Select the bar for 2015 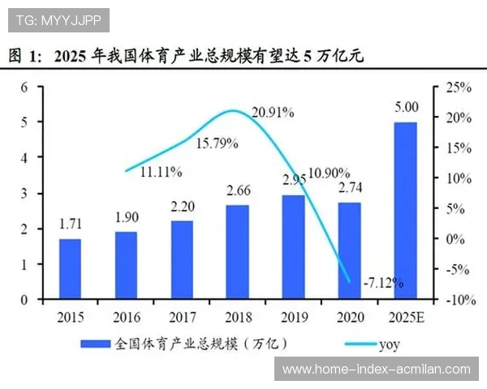(x=70, y=269)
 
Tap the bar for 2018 (x=238, y=252)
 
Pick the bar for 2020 (x=349, y=250)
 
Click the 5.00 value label (x=406, y=107)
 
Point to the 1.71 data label (x=70, y=223)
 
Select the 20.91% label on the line (x=272, y=113)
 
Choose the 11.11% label (x=161, y=172)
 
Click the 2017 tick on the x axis (x=182, y=315)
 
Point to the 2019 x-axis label (x=294, y=315)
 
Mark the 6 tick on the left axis (x=25, y=86)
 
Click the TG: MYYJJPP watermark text (x=58, y=19)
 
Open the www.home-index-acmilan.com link (x=376, y=369)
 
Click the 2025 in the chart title (x=72, y=57)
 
